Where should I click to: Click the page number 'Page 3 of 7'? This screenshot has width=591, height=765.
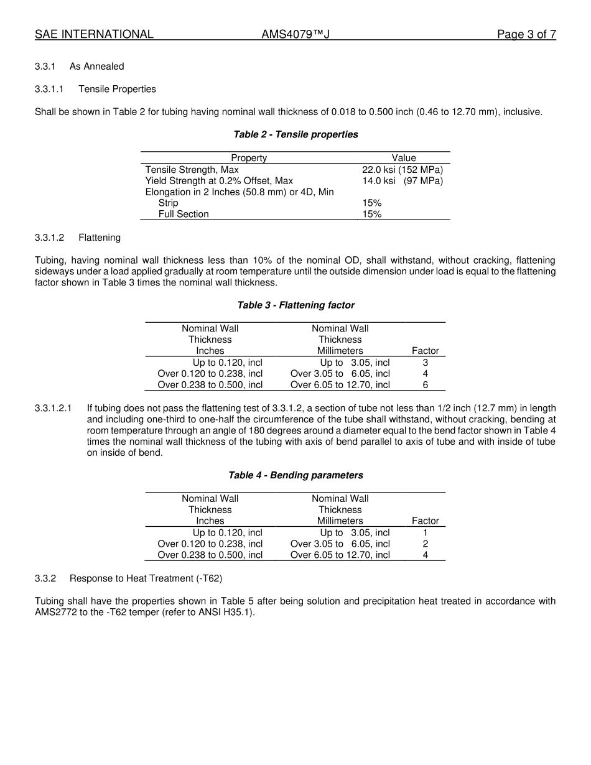(526, 35)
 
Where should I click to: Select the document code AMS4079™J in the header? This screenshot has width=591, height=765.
(295, 35)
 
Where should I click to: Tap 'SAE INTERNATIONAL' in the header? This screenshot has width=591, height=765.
(94, 35)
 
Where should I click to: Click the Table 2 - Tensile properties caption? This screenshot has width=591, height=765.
(295, 134)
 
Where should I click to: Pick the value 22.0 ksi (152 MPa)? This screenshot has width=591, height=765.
(403, 170)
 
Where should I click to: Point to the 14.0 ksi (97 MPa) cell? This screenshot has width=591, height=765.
(403, 181)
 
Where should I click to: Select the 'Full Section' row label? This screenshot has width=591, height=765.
(184, 215)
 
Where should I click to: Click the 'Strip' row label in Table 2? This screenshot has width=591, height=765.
(168, 203)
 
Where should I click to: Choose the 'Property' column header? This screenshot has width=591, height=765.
(249, 158)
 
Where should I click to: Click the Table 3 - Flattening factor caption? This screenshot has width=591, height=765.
(295, 305)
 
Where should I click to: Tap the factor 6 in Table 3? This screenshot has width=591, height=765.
(426, 385)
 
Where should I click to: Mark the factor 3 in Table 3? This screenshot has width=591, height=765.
(426, 363)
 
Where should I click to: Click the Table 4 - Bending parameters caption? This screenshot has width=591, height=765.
(295, 475)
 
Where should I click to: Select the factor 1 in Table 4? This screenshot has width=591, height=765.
(426, 533)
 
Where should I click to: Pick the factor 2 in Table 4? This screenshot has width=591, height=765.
(426, 544)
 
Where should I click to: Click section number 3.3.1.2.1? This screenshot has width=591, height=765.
(54, 409)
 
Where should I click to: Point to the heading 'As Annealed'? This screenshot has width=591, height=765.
(96, 67)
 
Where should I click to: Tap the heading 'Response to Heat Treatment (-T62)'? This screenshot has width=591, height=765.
(146, 578)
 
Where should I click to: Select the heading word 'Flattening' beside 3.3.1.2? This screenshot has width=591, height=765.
(100, 238)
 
